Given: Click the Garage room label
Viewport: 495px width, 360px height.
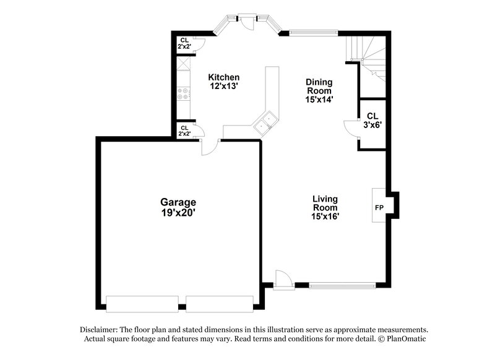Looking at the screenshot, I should (178, 202).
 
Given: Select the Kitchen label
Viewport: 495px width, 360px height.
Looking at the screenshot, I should (223, 77).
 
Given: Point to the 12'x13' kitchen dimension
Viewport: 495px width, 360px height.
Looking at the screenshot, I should (223, 87).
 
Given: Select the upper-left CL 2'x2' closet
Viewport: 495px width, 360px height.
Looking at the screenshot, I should (184, 43).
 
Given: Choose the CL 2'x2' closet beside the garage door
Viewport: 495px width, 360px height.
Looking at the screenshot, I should (184, 131).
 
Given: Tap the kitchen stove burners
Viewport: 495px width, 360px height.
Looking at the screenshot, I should (183, 94).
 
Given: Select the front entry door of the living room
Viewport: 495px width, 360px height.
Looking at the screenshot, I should (282, 280).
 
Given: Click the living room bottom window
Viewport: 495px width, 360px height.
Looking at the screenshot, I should (342, 285).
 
